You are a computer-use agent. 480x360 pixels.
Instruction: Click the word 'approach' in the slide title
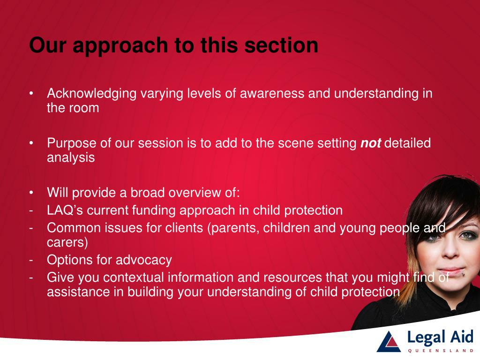coord(120,46)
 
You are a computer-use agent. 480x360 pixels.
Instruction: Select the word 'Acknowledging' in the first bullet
coord(91,94)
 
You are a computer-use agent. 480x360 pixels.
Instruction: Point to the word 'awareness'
coord(272,93)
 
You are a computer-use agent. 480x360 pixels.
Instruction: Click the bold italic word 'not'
coord(370,143)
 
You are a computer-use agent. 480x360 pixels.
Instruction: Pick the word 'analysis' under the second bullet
coord(71,158)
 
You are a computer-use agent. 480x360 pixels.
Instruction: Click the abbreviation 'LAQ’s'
coord(65,210)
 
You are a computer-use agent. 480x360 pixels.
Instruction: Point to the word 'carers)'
coord(67,242)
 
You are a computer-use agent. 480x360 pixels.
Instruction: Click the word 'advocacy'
coord(143,260)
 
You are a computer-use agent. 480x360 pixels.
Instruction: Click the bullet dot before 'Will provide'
coord(31,193)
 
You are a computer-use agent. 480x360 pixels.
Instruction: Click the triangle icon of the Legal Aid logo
coord(389,342)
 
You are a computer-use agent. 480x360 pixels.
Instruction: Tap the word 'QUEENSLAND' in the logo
coord(441,351)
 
